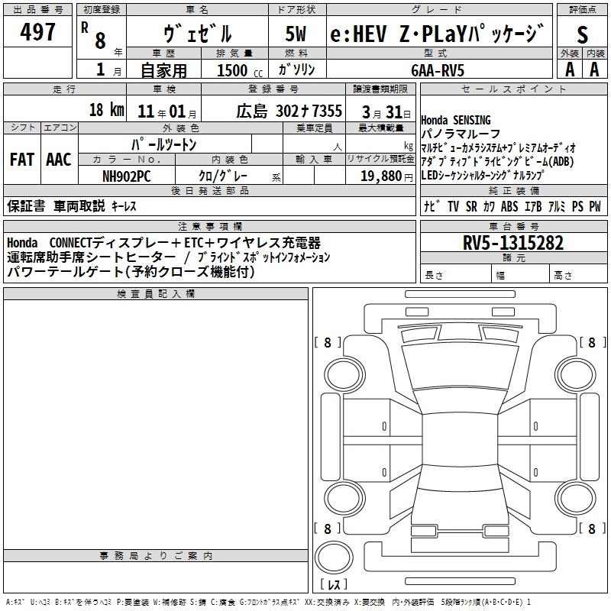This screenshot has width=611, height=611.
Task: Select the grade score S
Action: (x=583, y=34)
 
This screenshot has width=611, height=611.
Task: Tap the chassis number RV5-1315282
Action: (x=513, y=243)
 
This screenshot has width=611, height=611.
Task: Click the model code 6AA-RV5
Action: (x=437, y=70)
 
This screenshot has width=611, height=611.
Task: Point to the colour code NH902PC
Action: (x=126, y=175)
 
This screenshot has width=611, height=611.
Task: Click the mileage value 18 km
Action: (x=106, y=110)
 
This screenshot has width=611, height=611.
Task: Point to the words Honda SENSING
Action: (x=456, y=120)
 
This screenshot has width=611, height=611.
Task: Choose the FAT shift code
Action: (x=21, y=160)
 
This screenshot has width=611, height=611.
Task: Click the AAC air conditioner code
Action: (x=58, y=160)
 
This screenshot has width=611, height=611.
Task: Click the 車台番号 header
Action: (x=513, y=226)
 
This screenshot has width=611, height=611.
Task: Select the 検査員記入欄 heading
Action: (x=156, y=293)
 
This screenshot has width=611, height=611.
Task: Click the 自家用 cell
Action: (x=163, y=70)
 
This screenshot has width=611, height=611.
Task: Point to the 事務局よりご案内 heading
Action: (x=156, y=555)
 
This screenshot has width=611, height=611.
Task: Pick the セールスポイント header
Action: (x=513, y=89)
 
